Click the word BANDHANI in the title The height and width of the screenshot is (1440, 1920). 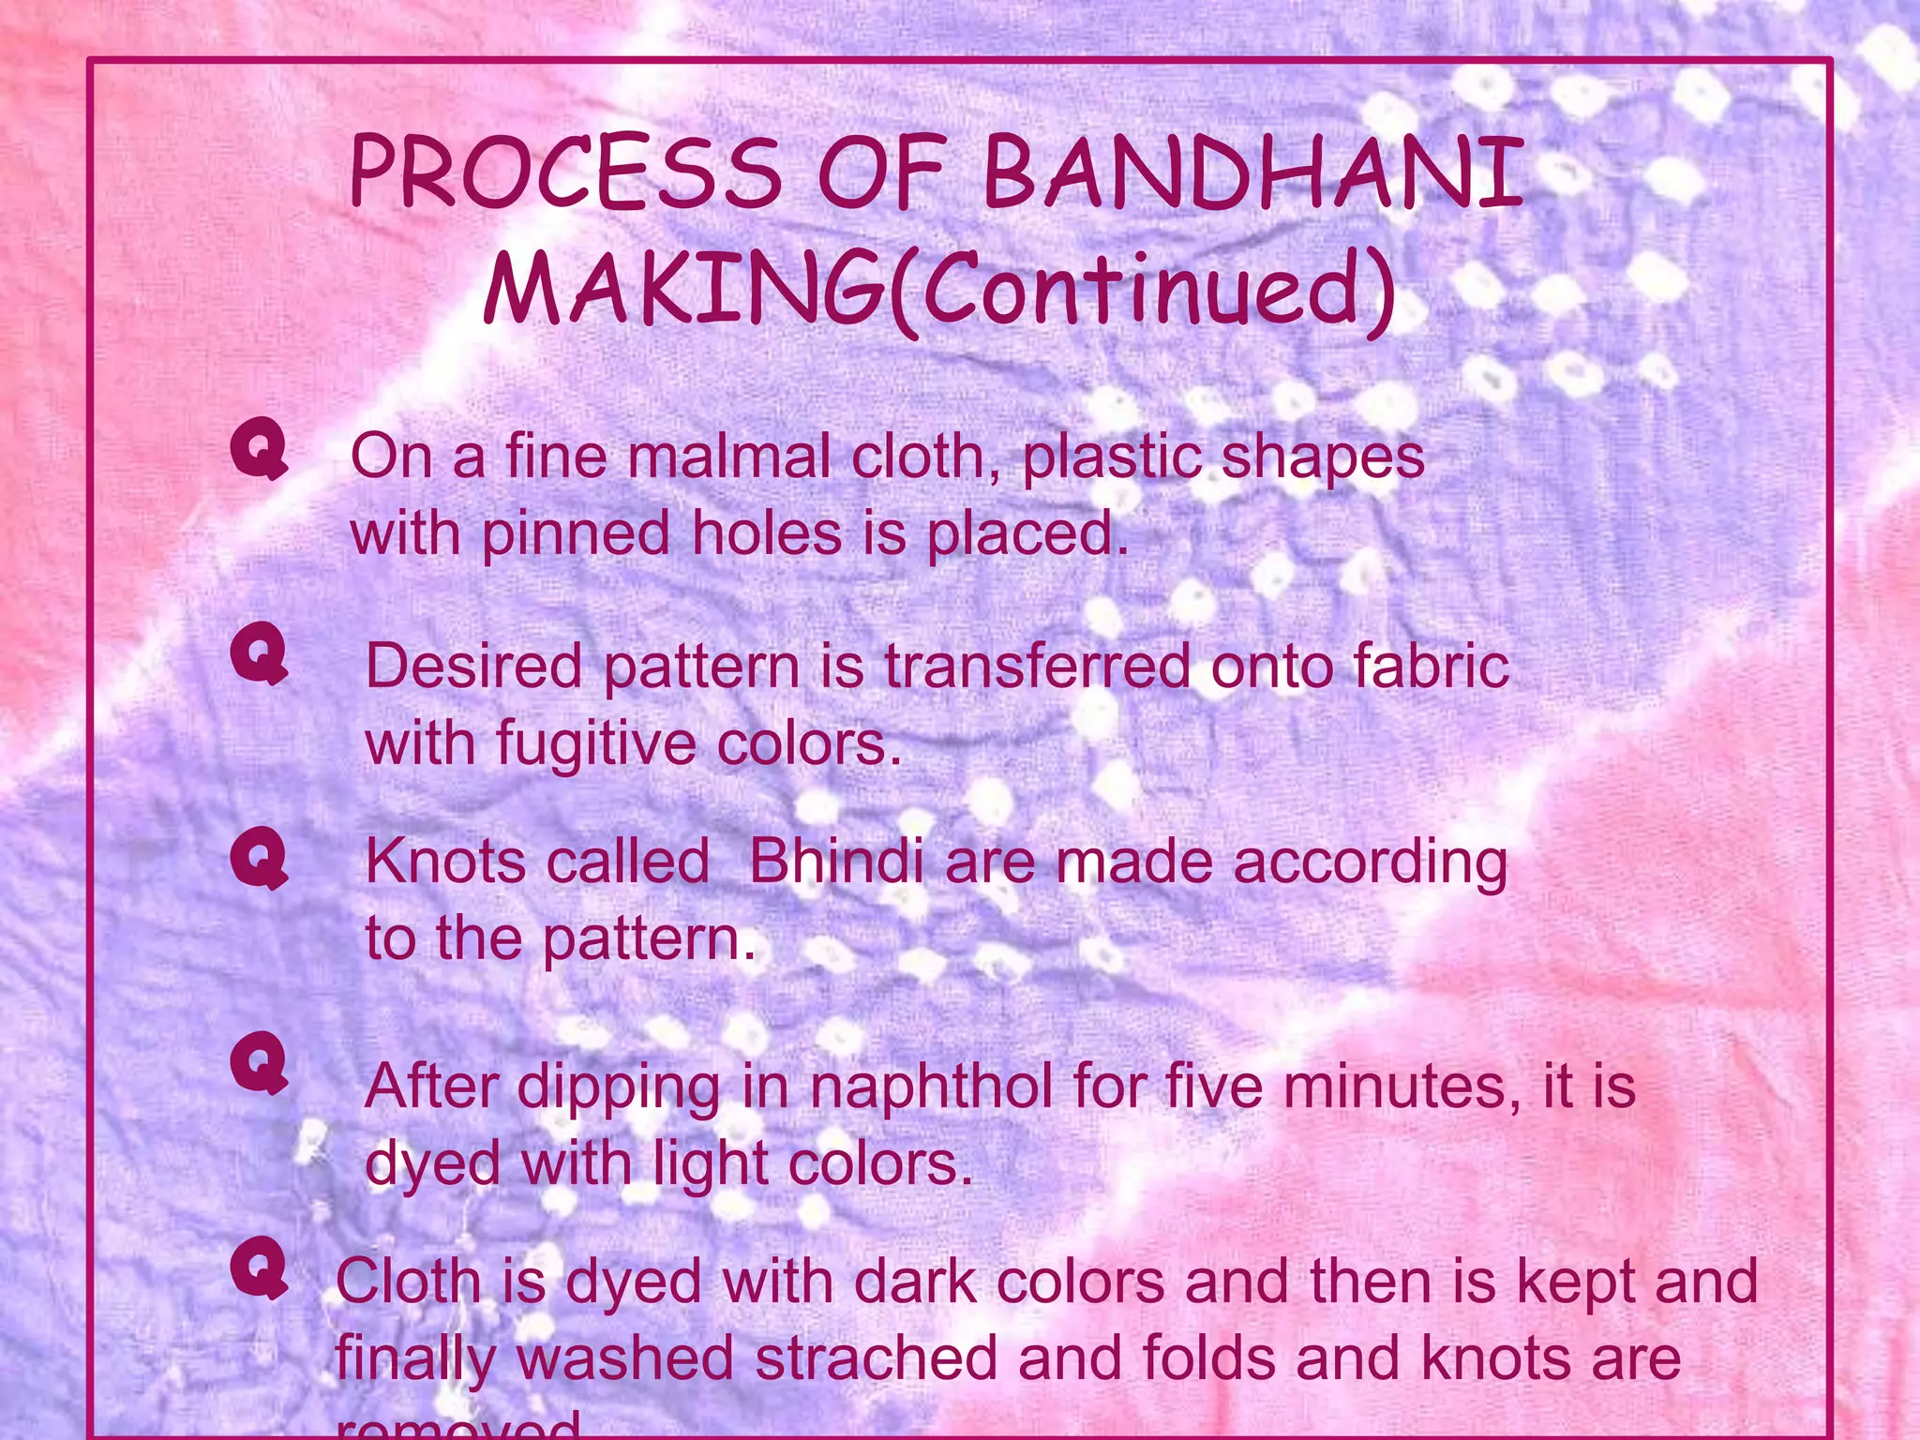[x=1252, y=173]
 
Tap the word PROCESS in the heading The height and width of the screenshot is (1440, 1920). [x=564, y=173]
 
